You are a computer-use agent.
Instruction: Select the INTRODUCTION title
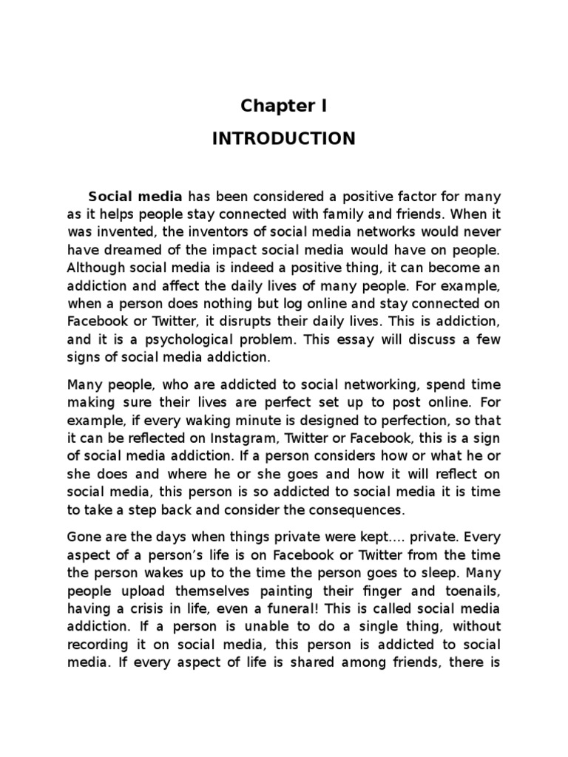pyautogui.click(x=284, y=139)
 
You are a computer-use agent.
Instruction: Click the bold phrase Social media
pyautogui.click(x=135, y=197)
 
